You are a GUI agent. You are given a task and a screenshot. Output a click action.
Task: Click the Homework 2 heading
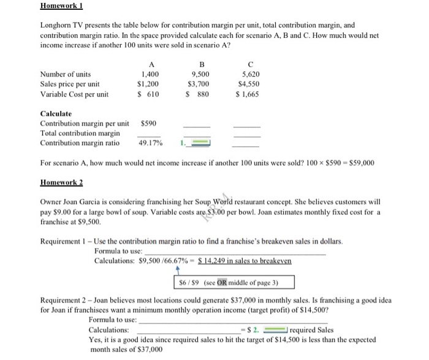click(61, 182)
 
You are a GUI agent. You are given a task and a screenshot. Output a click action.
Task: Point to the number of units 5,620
click(248, 73)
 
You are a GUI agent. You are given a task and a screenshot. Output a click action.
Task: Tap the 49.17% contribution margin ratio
click(150, 143)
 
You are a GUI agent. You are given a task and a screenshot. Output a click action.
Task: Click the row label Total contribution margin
click(80, 133)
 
